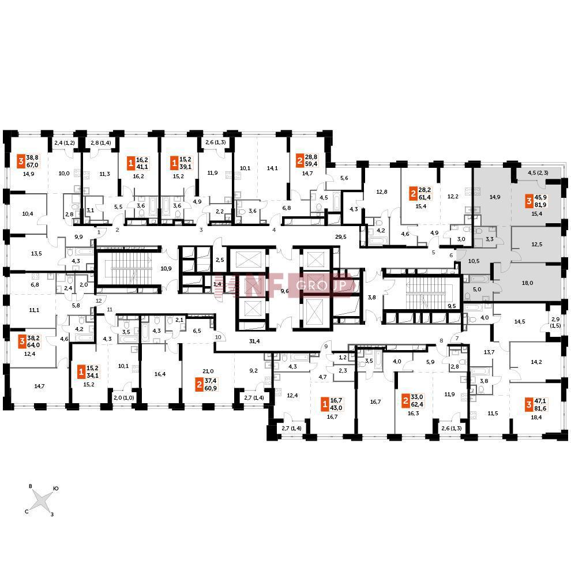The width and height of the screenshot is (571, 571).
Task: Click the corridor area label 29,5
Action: pos(340,236)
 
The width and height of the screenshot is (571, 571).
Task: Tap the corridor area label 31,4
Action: pos(254,341)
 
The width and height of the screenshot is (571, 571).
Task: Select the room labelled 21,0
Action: pos(208,371)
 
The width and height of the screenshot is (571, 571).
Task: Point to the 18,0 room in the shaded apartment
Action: pos(527,283)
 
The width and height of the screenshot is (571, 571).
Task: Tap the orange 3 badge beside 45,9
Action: pos(529,201)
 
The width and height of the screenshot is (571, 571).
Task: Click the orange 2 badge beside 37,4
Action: pos(199,384)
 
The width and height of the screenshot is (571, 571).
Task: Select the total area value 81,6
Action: pos(540,408)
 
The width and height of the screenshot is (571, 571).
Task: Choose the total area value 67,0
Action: pos(32,165)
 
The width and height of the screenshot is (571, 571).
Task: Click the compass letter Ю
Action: pos(56,489)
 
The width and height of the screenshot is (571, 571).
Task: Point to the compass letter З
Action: pos(52,514)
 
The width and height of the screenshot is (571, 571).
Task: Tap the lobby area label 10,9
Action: pos(166,268)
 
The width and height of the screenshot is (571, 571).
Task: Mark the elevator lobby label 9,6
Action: pos(284,291)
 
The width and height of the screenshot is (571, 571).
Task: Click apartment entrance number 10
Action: pos(218,337)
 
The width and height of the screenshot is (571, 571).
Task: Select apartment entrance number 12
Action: pos(99,300)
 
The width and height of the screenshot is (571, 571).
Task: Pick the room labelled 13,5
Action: pos(36,253)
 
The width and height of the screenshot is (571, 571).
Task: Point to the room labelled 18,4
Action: pos(536,418)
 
